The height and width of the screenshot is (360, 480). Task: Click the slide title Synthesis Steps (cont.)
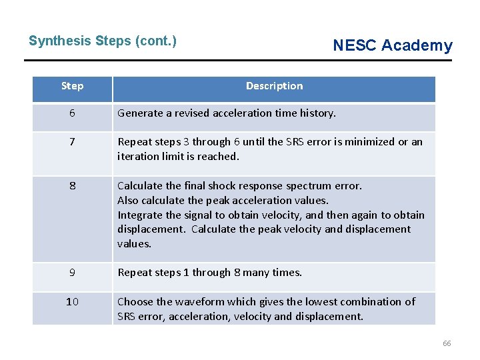[x=103, y=41]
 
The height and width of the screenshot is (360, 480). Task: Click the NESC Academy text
[x=392, y=45]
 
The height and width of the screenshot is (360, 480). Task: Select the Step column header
[x=72, y=86]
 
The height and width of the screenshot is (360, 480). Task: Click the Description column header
[x=274, y=86]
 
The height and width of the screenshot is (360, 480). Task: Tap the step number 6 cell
[x=72, y=113]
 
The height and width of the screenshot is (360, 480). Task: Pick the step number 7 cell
[x=72, y=142]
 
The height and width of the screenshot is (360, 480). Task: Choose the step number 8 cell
[x=72, y=186]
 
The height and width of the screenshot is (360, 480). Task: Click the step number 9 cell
[x=72, y=272]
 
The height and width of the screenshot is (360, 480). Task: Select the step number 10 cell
[x=72, y=302]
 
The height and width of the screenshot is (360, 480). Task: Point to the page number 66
[x=447, y=343]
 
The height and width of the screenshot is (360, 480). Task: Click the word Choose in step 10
[x=135, y=302]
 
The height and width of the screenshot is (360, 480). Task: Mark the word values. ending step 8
[x=134, y=244]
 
